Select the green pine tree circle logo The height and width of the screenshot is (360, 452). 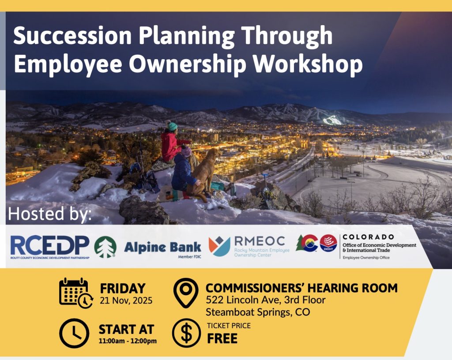pos(105,247)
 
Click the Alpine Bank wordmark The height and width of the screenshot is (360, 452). pos(162,247)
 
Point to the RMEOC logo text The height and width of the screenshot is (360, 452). pos(260,241)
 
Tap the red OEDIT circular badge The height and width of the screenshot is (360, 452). pos(328,243)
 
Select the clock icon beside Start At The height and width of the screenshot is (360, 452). pos(74,333)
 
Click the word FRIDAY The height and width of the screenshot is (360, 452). pos(123,289)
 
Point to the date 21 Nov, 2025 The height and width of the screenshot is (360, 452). pos(126,301)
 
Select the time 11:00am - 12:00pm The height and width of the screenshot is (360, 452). pos(128,341)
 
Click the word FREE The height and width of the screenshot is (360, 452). pos(222,338)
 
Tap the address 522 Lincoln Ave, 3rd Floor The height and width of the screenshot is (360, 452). pos(266,300)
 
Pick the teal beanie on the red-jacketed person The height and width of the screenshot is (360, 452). pos(173,127)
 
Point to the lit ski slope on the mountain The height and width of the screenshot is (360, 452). pos(332,120)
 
